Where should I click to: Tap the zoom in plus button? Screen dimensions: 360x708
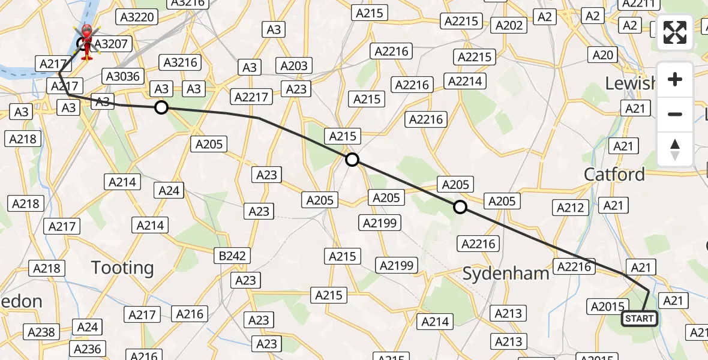pyautogui.click(x=675, y=79)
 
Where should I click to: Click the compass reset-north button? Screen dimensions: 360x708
pyautogui.click(x=675, y=149)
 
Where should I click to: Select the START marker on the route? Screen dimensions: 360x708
pyautogui.click(x=639, y=319)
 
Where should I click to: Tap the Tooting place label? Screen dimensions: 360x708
pyautogui.click(x=122, y=268)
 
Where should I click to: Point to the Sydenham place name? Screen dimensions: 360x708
pyautogui.click(x=506, y=274)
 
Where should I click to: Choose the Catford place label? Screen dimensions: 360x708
pyautogui.click(x=614, y=175)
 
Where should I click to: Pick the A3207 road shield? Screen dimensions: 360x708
pyautogui.click(x=111, y=44)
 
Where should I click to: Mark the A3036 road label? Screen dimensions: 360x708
pyautogui.click(x=122, y=76)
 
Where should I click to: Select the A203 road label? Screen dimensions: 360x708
pyautogui.click(x=294, y=66)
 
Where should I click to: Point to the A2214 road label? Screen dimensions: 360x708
pyautogui.click(x=465, y=80)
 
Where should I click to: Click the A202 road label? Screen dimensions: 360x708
pyautogui.click(x=510, y=25)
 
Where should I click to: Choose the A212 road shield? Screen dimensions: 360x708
pyautogui.click(x=570, y=208)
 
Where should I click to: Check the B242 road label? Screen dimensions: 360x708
pyautogui.click(x=232, y=256)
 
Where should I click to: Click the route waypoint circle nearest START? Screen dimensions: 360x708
pyautogui.click(x=460, y=207)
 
